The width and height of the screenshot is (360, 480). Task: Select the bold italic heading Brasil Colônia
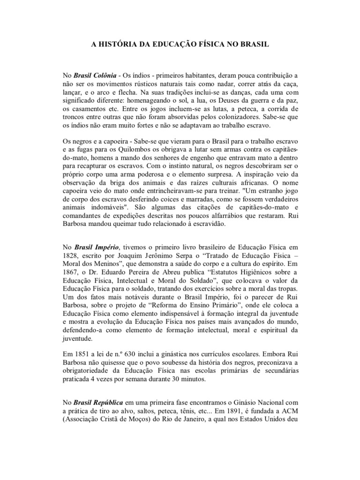tap(95, 75)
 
